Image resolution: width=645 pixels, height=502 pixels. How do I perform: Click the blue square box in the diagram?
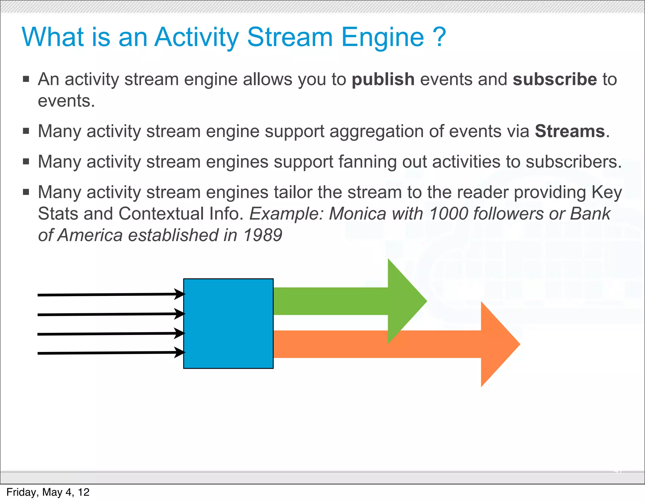(228, 323)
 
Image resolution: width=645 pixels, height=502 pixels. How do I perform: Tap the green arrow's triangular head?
(405, 301)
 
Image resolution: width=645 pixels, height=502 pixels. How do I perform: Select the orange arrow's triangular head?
(498, 344)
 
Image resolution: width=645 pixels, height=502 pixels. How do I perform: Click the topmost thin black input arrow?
(110, 295)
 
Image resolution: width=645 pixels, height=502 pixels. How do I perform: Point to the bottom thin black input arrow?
(110, 353)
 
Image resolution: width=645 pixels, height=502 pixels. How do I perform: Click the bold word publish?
(383, 79)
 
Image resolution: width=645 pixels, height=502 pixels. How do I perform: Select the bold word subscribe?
(555, 79)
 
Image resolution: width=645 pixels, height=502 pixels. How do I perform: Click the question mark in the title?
(440, 37)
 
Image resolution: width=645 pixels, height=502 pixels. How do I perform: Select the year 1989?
(263, 235)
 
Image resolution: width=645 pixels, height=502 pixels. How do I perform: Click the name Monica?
(357, 214)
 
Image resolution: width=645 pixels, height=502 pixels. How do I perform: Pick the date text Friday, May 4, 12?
(48, 492)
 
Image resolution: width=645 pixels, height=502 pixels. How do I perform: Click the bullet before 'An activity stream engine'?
(26, 79)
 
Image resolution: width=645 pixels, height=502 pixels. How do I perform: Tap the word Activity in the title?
(197, 38)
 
